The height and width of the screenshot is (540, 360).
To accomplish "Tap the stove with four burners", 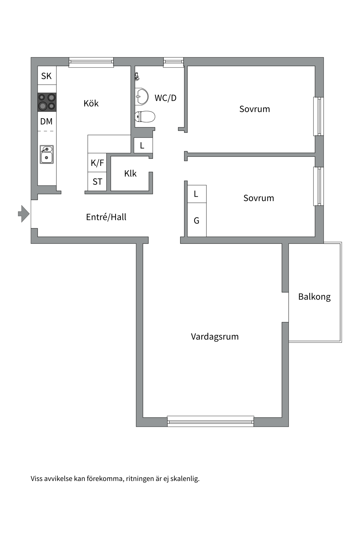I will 47,102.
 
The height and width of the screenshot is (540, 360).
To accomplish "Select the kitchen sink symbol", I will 46,154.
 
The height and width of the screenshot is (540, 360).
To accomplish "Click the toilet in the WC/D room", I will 145,117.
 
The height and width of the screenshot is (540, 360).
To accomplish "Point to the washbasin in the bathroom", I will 141,96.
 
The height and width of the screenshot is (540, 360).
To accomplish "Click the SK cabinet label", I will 46,76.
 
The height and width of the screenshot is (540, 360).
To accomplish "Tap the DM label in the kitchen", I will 46,121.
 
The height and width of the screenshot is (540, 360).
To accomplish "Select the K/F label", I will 97,163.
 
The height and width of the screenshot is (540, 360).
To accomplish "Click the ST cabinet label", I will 97,182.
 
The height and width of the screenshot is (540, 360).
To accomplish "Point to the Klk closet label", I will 130,174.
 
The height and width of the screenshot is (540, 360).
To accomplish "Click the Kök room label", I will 91,103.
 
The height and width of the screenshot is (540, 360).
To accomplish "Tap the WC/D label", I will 165,98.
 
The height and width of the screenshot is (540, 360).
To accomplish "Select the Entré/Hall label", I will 106,217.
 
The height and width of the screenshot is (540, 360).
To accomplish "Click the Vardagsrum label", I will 215,337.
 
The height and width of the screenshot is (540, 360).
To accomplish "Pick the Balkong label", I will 314,297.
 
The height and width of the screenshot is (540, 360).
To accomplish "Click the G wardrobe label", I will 197,221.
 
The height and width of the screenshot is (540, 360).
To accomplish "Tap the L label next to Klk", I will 142,146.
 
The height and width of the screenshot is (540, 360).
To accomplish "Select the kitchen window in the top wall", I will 91,62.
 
